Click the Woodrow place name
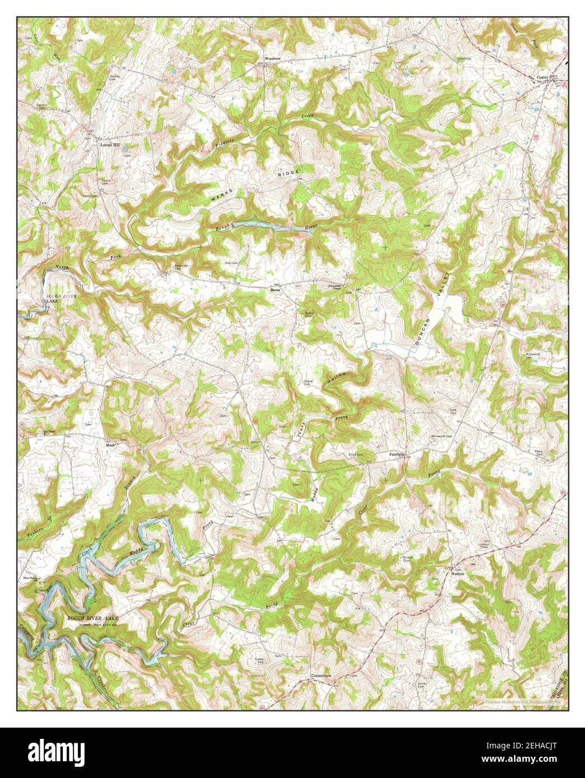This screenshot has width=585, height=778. [x=273, y=58]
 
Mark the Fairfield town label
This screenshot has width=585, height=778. [x=397, y=454]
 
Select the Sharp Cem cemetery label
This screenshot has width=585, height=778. [x=540, y=453]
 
